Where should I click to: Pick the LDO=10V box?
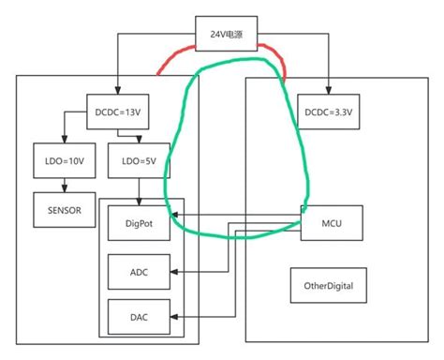click(64, 161)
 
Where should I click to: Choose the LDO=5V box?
click(138, 161)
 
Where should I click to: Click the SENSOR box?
click(64, 209)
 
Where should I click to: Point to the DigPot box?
click(138, 222)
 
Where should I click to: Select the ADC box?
click(138, 272)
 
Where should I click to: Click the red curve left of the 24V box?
click(175, 58)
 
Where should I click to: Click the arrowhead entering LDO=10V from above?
click(64, 142)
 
